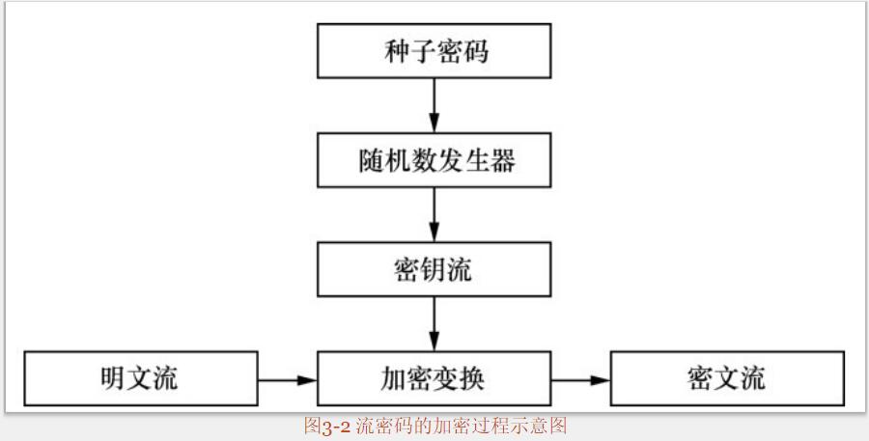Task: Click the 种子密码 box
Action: [x=434, y=50]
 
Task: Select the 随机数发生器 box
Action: [x=434, y=159]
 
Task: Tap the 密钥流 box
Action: [x=434, y=269]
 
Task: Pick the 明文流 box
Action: [x=140, y=378]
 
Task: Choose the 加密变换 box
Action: [x=434, y=378]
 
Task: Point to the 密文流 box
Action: [x=727, y=378]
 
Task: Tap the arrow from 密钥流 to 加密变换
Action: [x=434, y=323]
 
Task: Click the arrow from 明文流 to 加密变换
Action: [x=287, y=379]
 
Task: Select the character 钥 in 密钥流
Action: [x=434, y=269]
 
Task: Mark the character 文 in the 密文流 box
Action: [x=727, y=378]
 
